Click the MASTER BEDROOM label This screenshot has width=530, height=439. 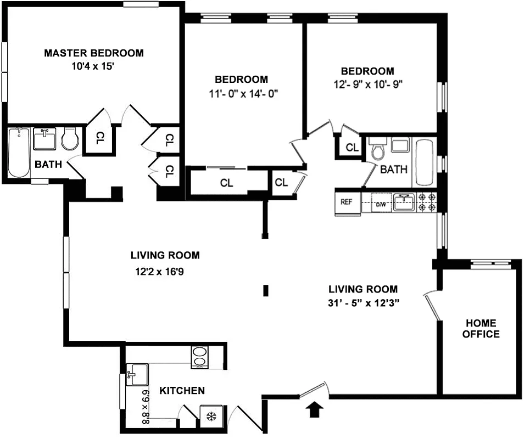coord(94,53)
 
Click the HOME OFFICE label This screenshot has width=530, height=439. coord(481,328)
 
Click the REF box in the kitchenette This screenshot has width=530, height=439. coord(347,201)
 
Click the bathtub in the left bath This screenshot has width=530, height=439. coord(19,153)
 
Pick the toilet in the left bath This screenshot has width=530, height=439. coord(70,140)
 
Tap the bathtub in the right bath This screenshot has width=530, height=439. coord(425,162)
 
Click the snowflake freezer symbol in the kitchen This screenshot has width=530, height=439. coord(210,417)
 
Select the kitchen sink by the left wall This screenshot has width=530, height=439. coord(136,375)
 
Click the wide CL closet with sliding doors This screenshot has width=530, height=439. coord(226,183)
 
